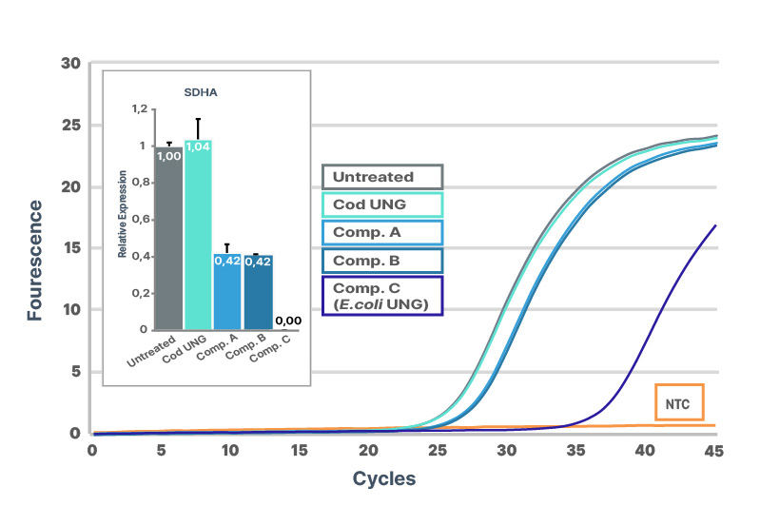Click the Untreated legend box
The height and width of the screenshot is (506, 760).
coord(383,177)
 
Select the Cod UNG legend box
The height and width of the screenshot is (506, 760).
coord(383,205)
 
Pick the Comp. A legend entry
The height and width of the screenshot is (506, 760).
coord(383,233)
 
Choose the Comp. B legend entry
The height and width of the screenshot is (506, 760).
coord(383,261)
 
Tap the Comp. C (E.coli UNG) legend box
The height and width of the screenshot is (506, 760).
coord(383,296)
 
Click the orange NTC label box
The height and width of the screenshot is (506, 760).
coord(678,402)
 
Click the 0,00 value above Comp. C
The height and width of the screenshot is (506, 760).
coord(287,321)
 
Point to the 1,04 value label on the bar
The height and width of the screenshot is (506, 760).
coord(198,146)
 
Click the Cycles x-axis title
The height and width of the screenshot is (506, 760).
coord(384,478)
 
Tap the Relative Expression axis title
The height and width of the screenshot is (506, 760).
coord(123,222)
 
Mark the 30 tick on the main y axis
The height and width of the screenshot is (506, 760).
coord(69,64)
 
